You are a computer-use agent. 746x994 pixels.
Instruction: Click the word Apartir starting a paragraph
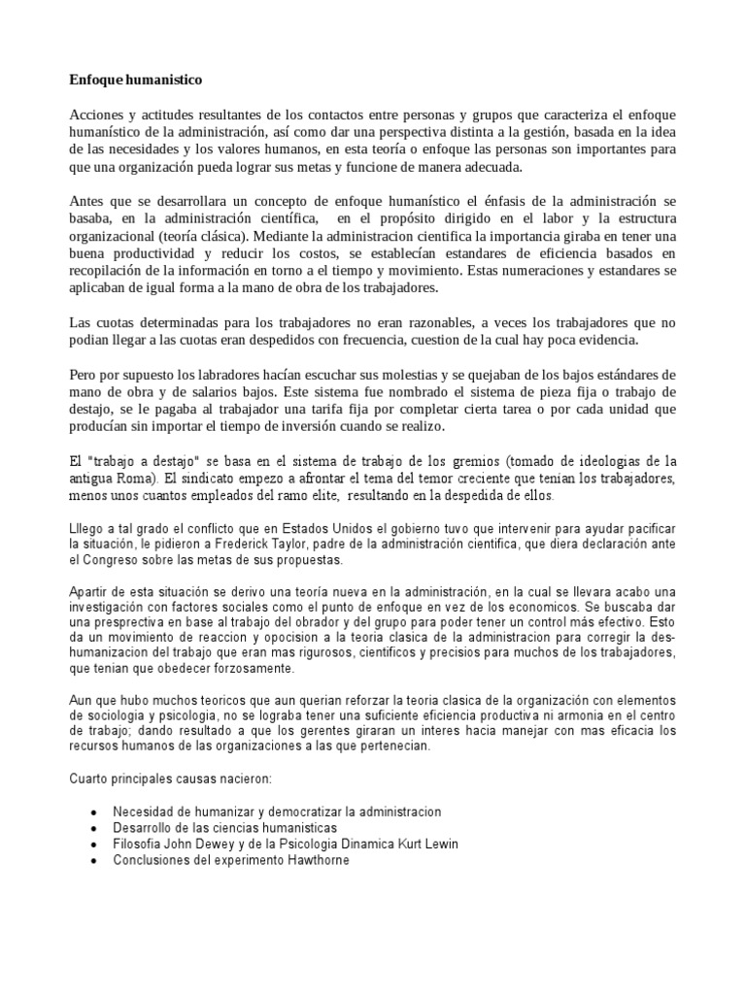(x=92, y=592)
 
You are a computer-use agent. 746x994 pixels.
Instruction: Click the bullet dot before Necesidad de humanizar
(x=92, y=812)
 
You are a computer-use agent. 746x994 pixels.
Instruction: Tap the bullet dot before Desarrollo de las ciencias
(x=92, y=828)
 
